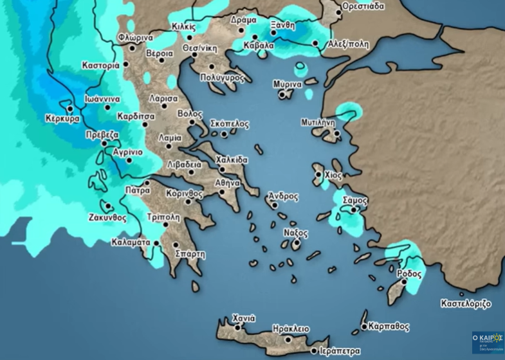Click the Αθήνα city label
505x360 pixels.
pos(228,183)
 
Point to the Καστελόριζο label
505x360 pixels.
pos(466,303)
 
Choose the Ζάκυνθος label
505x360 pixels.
pos(106,217)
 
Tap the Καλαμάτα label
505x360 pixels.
pos(131,242)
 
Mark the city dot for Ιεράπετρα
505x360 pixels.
pos(313,351)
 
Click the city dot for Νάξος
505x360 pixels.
pos(297,243)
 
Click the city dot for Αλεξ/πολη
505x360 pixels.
pos(316,44)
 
